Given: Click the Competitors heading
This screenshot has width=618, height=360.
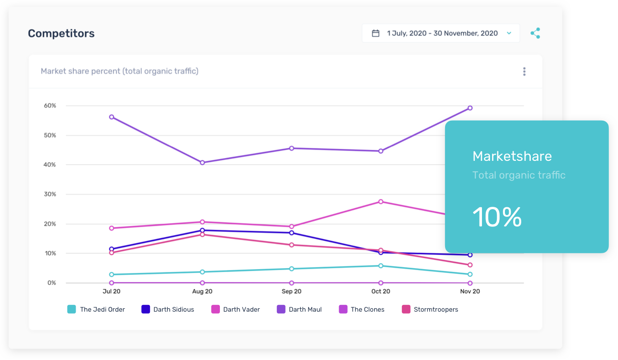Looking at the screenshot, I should coord(61,34).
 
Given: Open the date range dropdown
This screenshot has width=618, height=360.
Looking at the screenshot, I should coord(441,34).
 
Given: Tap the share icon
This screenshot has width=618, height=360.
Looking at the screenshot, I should coord(535,34).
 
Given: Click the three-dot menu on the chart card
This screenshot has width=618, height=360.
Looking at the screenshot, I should coord(524,72).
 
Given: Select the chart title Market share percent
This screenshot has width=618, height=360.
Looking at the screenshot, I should coord(119,71).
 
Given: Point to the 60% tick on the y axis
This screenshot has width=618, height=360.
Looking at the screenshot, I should coord(50,106).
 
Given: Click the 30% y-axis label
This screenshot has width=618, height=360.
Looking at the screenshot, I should coord(50,194).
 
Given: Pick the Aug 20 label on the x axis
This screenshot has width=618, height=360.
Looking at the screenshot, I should coord(202,292).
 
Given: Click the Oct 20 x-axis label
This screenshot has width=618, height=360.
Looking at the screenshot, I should coord(380,292).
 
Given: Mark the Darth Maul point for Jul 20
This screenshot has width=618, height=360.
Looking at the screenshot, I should coord(112,117).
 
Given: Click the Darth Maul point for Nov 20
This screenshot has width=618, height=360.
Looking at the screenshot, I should coord(470,108).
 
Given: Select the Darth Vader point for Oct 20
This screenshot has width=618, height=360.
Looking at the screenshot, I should coord(381,202).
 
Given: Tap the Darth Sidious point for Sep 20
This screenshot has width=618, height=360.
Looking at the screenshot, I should coord(291,233).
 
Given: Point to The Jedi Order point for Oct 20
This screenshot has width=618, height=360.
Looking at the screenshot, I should coord(381,266).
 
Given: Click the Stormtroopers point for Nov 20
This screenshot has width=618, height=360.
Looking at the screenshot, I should coord(470,265).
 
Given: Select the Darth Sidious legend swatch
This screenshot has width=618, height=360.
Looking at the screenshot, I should coord(146,309).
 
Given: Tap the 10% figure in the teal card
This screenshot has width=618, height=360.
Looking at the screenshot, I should coord(497,217).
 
